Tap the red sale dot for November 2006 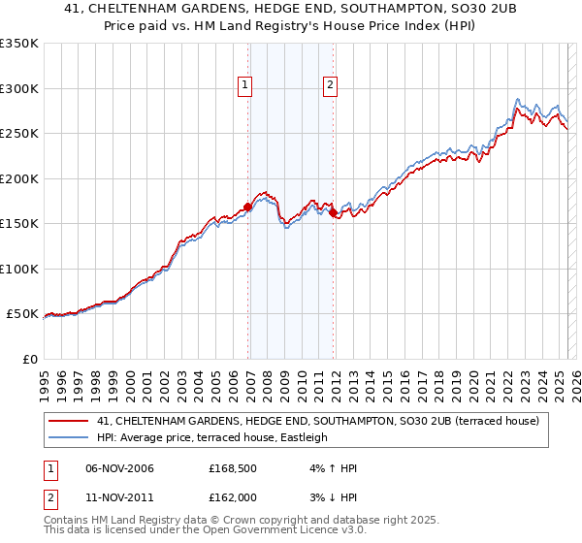click(247, 207)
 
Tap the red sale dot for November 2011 click(333, 212)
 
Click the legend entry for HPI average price click(212, 437)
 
